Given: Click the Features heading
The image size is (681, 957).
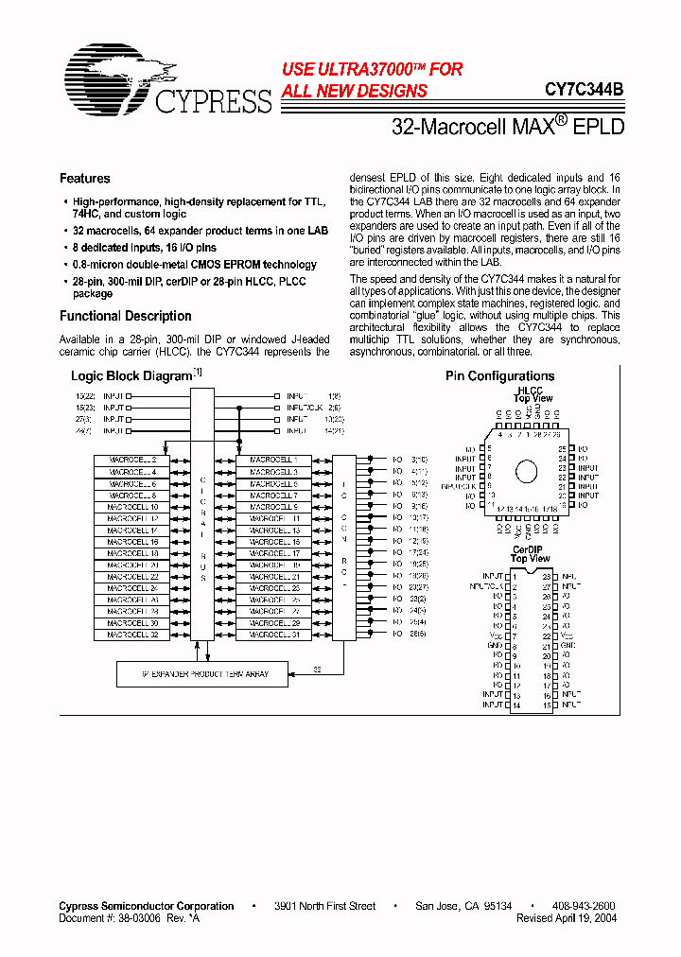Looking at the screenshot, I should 84,179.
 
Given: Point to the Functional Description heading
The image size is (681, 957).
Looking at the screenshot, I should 125,317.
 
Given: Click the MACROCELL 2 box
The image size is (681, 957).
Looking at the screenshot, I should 132,460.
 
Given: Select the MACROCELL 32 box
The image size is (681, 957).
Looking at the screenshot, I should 132,635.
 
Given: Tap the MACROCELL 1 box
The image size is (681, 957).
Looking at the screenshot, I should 274,460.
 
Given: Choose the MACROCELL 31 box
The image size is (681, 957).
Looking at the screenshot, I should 274,635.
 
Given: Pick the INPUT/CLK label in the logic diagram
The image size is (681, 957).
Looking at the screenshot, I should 303,407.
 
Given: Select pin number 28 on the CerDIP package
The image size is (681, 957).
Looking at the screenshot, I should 548,576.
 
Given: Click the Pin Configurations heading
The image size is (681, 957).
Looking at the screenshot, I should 499,376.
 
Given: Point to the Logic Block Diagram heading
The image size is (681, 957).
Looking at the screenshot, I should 131,376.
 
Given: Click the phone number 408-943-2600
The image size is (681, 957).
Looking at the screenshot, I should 583,906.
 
